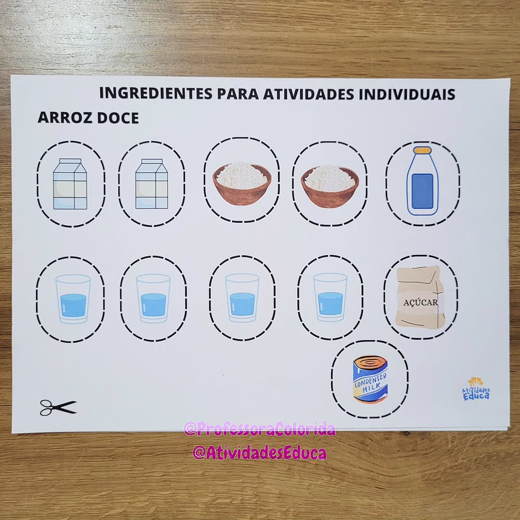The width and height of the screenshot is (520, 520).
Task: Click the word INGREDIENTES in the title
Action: pyautogui.click(x=156, y=93)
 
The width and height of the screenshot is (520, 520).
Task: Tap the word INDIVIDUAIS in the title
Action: pyautogui.click(x=407, y=94)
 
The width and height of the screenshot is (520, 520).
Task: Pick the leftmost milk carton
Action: pyautogui.click(x=70, y=184)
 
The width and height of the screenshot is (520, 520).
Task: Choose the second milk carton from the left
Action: pyautogui.click(x=152, y=184)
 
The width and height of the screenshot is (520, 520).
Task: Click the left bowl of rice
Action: pyautogui.click(x=242, y=183)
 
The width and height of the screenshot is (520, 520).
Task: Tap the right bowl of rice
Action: pyautogui.click(x=330, y=187)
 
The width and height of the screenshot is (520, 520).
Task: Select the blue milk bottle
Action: pyautogui.click(x=422, y=181)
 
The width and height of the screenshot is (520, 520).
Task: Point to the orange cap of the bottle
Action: pyautogui.click(x=423, y=150)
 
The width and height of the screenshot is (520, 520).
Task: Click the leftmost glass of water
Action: pyautogui.click(x=73, y=299)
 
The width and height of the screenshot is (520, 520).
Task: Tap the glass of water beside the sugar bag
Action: pyautogui.click(x=330, y=297)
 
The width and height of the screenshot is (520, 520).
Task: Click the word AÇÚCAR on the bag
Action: pyautogui.click(x=420, y=302)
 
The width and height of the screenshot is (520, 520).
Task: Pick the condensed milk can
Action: pyautogui.click(x=370, y=379)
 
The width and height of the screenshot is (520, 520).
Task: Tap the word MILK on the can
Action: pyautogui.click(x=371, y=387)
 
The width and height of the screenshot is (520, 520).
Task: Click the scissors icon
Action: pyautogui.click(x=58, y=408)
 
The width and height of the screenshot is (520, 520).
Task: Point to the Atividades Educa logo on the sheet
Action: pyautogui.click(x=476, y=389)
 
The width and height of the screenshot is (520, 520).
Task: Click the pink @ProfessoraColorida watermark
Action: pyautogui.click(x=260, y=429)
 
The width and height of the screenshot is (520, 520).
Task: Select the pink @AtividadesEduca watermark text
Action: pyautogui.click(x=260, y=453)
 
